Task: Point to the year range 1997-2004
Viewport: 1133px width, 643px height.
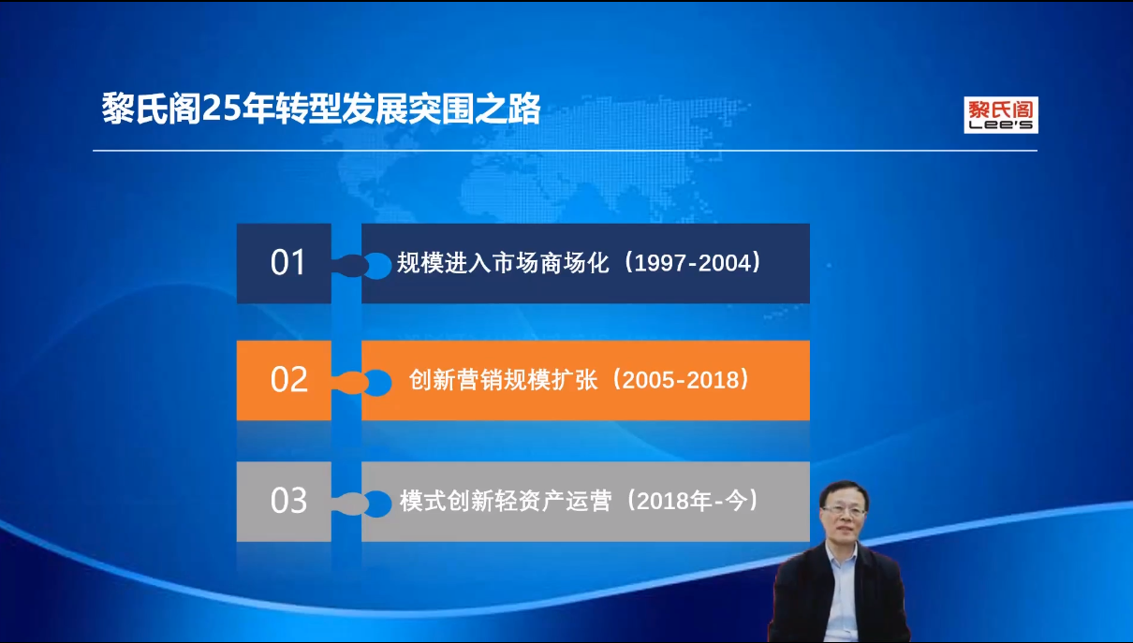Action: pos(693,263)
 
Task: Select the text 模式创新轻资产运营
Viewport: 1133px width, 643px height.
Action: pos(506,501)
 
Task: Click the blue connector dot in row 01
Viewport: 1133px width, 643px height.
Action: pos(377,265)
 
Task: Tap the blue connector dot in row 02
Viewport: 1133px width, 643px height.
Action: pos(377,383)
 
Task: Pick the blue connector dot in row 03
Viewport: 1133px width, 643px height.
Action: pos(377,504)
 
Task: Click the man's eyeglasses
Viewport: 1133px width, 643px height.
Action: pos(844,511)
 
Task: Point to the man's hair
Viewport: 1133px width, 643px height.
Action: pos(846,490)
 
